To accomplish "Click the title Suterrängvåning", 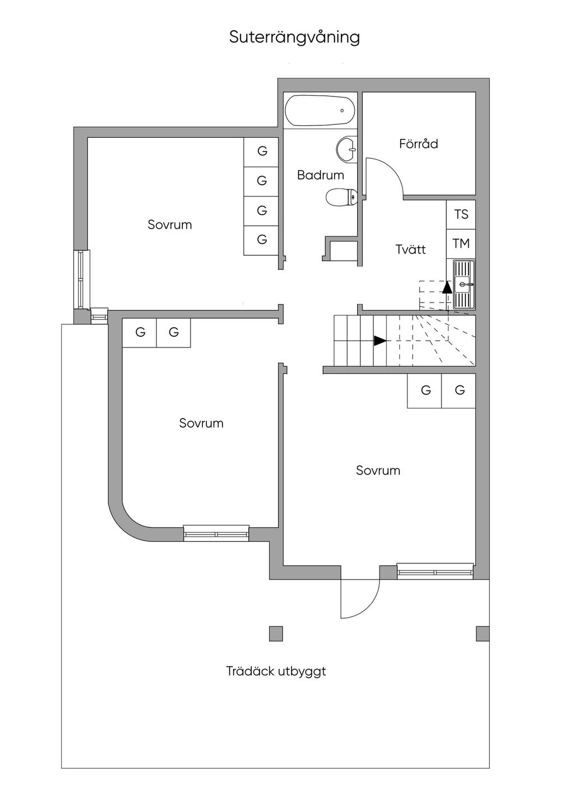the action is click(x=294, y=37).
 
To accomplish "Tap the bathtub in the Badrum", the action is click(x=320, y=112).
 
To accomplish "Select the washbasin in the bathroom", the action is click(x=347, y=149).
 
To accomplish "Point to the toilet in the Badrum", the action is click(x=341, y=197).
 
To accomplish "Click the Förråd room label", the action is click(x=418, y=143).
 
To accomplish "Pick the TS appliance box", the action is click(x=461, y=215).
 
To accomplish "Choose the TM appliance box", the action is click(x=461, y=244).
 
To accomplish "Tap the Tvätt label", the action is click(x=410, y=249).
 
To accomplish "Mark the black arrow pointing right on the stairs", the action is click(x=380, y=340).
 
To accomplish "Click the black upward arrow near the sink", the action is click(x=447, y=287).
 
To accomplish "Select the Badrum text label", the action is click(x=320, y=175).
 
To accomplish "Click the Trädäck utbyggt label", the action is click(x=276, y=671).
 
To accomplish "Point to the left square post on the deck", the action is click(x=276, y=633).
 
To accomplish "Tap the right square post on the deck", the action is click(x=482, y=633).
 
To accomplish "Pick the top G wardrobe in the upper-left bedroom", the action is click(x=262, y=151).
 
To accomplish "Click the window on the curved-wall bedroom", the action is click(x=216, y=533).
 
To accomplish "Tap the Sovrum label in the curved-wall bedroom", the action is click(x=201, y=423).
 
